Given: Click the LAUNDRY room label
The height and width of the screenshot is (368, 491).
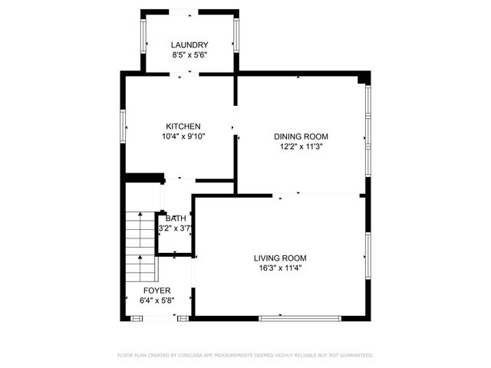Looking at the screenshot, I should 189,45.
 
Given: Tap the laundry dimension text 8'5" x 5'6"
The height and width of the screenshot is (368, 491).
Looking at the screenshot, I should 189,55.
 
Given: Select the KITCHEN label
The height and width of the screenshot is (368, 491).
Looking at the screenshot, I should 183,127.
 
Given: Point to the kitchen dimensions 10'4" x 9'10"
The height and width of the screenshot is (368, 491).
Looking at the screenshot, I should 183,136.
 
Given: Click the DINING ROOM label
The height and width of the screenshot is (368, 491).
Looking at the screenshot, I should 301,136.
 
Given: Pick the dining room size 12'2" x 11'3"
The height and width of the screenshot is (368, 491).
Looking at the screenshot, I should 301,146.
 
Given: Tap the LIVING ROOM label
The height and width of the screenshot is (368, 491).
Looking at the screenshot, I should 280,258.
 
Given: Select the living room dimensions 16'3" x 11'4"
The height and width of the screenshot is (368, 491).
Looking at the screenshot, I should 280,268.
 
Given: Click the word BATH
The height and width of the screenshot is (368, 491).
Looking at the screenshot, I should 176,219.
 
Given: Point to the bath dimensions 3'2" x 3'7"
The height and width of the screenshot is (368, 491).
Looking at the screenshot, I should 174,228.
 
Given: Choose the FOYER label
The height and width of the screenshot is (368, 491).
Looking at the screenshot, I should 157,291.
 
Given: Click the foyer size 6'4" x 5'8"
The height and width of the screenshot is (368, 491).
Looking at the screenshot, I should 157,301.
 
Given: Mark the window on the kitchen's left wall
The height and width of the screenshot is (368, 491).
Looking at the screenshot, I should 123,127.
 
